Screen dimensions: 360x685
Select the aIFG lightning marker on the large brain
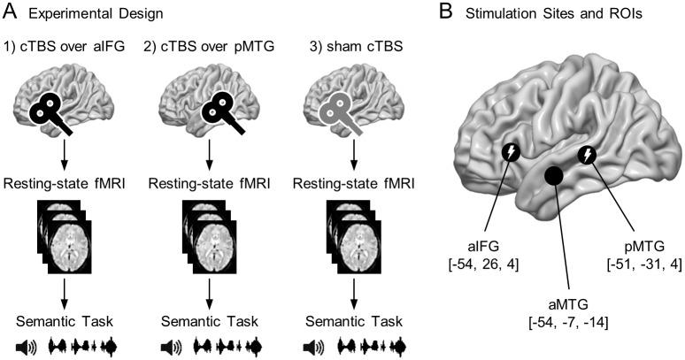[x=512, y=152]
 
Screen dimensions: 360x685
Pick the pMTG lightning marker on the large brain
[x=586, y=157]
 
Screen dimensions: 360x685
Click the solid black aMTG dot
[x=554, y=176]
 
